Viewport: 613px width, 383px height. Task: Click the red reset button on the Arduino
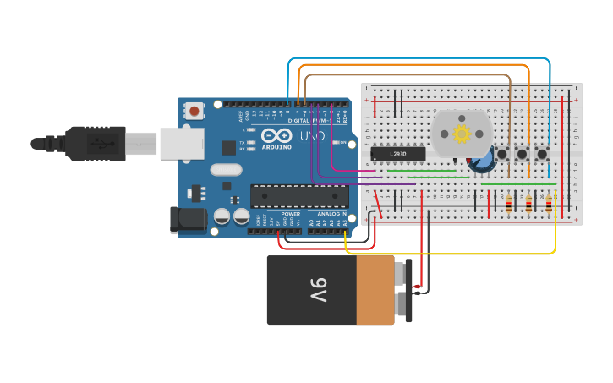[x=195, y=111]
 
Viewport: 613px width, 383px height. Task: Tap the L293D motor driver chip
[x=398, y=154]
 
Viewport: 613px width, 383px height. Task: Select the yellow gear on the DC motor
[x=462, y=133]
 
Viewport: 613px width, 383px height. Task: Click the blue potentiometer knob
[x=483, y=159]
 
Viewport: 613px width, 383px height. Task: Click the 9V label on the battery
[x=317, y=290]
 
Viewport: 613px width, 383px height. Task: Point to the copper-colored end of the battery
[x=375, y=290]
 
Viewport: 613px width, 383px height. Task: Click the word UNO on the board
[x=312, y=135]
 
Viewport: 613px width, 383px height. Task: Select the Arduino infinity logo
[x=276, y=135]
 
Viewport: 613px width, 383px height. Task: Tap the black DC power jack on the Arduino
[x=188, y=220]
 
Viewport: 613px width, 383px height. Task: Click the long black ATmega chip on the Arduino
[x=299, y=196]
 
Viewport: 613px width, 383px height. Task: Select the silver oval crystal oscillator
[x=227, y=169]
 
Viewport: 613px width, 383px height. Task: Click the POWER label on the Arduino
[x=290, y=214]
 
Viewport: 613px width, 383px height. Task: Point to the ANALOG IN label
[x=331, y=214]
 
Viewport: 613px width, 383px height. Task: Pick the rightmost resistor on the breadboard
[x=550, y=203]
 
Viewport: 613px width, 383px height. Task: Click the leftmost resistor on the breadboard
[x=509, y=203]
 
